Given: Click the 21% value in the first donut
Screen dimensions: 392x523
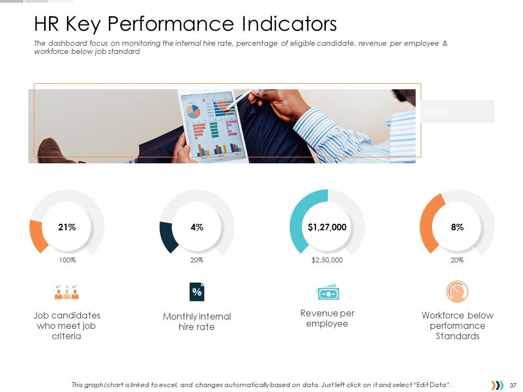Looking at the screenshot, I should (x=66, y=228).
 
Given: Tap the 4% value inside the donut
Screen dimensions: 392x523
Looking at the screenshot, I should (x=197, y=228).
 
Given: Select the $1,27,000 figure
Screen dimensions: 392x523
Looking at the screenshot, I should (x=327, y=228).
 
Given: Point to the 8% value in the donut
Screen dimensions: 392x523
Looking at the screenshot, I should (x=457, y=228).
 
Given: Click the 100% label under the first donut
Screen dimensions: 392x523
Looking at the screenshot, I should (x=67, y=260).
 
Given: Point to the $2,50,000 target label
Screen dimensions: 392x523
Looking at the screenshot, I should (x=327, y=260).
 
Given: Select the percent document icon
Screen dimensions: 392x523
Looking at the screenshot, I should (x=197, y=292).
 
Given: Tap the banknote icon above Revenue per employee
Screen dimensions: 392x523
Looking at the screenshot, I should (x=327, y=293).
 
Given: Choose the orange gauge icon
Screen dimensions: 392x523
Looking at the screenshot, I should (x=457, y=292).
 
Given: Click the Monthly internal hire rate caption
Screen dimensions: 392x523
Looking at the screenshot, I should (x=197, y=322).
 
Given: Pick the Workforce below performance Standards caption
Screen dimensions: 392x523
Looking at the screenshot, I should (x=457, y=326).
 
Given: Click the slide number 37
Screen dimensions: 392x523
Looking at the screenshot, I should (x=513, y=385).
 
